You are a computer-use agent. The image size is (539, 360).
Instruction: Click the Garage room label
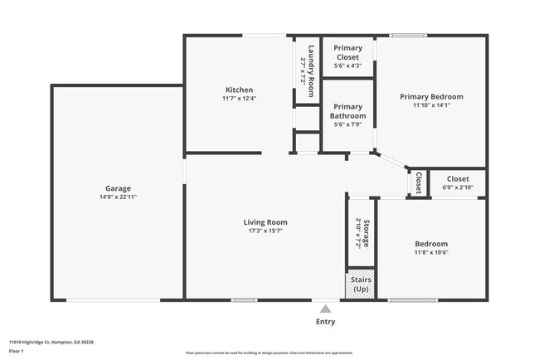[x=117, y=188]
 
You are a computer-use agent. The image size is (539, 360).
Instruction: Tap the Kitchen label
[x=239, y=90]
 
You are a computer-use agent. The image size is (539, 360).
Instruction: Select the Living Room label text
[x=265, y=221]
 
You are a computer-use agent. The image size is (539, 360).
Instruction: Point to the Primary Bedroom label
[x=431, y=96]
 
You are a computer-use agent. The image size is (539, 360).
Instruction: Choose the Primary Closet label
[x=347, y=52]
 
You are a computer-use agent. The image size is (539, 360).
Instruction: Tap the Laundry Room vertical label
[x=311, y=68]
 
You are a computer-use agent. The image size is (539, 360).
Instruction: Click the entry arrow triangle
[x=325, y=309]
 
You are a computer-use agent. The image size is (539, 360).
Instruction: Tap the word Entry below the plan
[x=326, y=322]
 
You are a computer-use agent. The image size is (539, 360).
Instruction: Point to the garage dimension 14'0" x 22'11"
[x=117, y=197]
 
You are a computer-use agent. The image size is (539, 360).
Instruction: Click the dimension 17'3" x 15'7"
[x=265, y=231]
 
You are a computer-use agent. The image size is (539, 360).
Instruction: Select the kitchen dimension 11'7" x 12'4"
[x=239, y=99]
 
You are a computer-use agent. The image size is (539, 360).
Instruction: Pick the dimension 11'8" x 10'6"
[x=431, y=253]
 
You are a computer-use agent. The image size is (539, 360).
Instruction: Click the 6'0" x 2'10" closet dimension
[x=458, y=188]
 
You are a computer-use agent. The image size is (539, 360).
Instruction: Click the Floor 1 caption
[x=17, y=351]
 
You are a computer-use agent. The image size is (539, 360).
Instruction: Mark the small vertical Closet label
[x=419, y=182]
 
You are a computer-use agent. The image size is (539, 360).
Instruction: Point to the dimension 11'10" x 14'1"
[x=431, y=105]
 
